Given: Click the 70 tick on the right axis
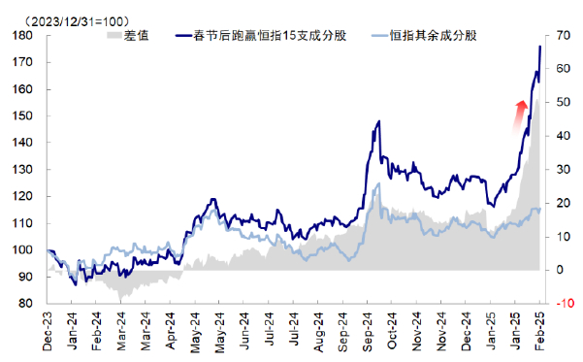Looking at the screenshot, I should coord(560,35).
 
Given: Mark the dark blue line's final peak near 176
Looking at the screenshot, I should coord(539,47).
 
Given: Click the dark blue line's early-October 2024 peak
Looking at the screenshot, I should coord(377,121).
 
